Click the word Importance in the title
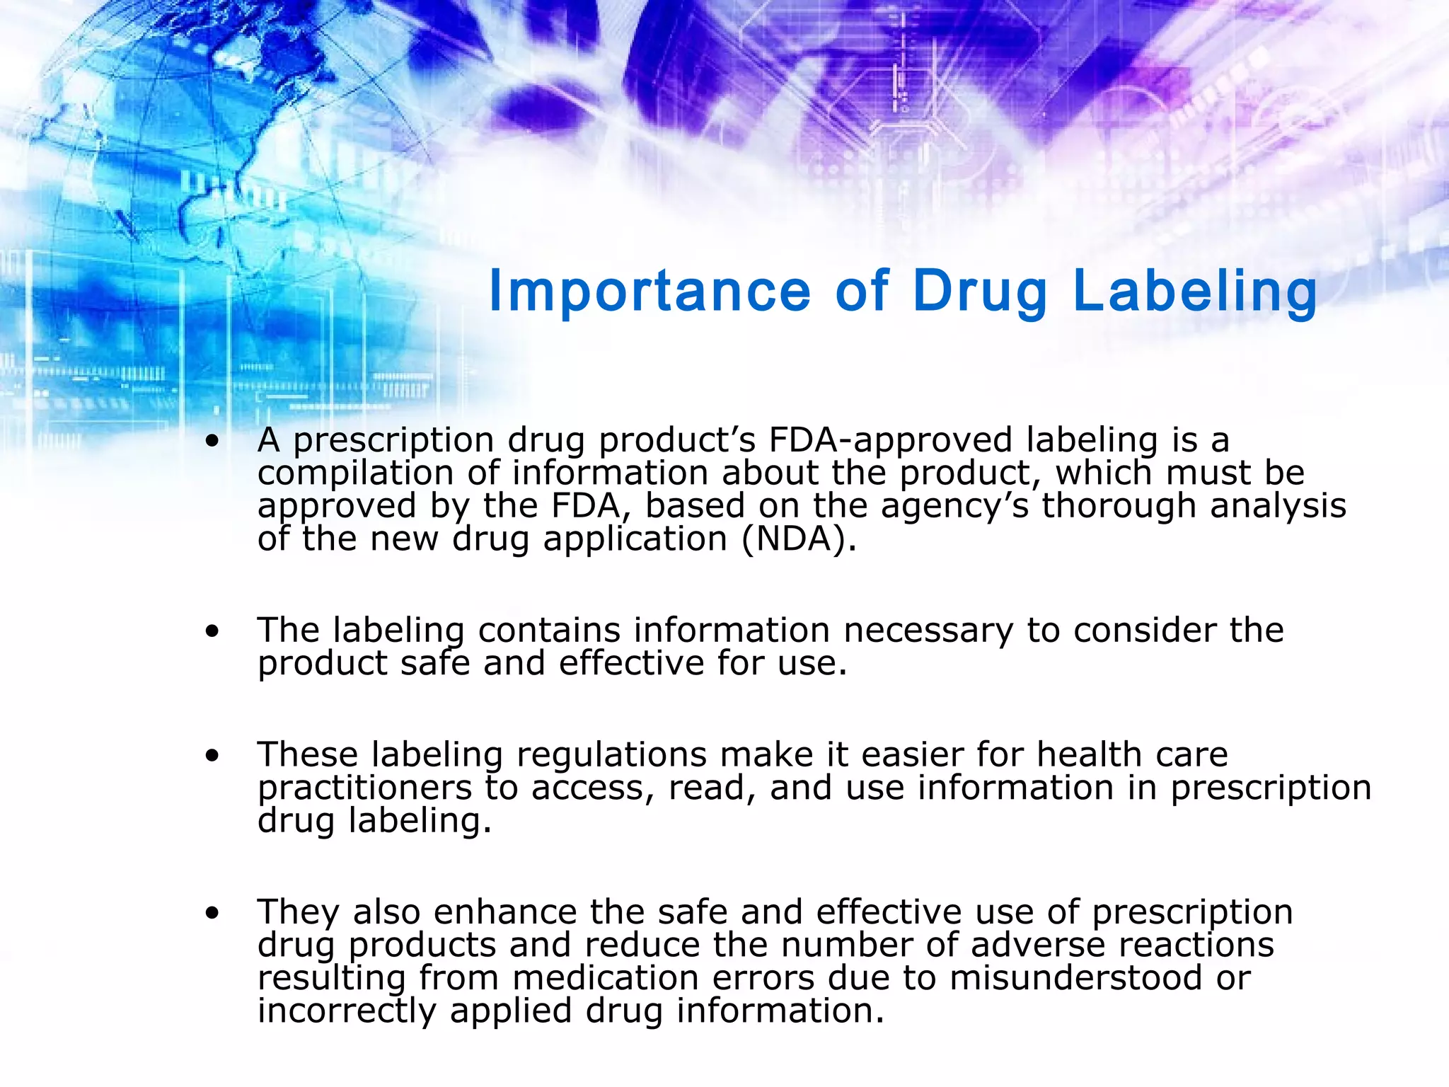[x=650, y=291]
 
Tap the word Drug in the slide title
[x=979, y=291]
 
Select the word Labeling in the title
[x=1195, y=291]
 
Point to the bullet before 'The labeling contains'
[x=212, y=631]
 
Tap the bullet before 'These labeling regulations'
[x=212, y=756]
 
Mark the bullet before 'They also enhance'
[x=212, y=914]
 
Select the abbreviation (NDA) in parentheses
[x=799, y=539]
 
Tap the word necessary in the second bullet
[x=928, y=630]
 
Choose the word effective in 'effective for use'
[x=630, y=663]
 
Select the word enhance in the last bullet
[x=505, y=912]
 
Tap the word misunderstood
[x=1076, y=978]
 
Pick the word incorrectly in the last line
[x=347, y=1011]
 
